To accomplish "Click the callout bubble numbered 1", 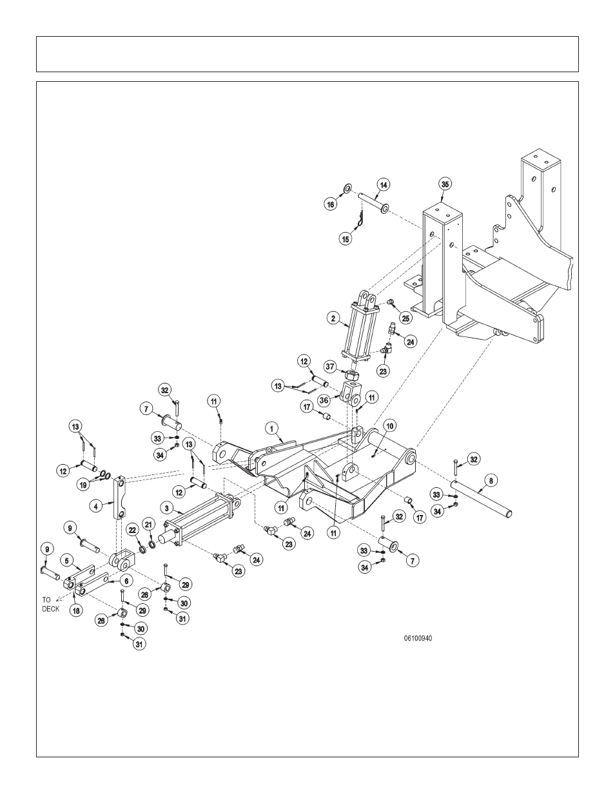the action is (271, 429).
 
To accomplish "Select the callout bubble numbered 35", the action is (445, 184).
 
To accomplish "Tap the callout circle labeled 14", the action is (383, 185).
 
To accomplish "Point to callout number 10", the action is (389, 426).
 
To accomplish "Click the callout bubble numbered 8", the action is (491, 480).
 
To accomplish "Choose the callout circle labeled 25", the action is (405, 318).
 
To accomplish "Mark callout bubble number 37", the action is (331, 366).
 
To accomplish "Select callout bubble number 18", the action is (77, 610).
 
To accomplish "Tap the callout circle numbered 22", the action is (132, 530).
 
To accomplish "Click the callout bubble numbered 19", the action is (83, 485).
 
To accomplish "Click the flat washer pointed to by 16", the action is (347, 189).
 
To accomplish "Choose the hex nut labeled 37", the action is (353, 375).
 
